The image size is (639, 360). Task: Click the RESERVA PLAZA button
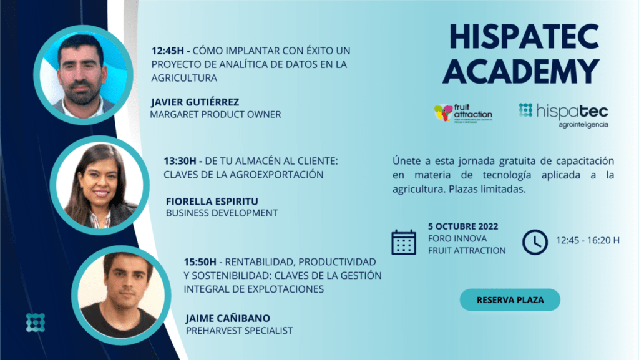click(x=510, y=300)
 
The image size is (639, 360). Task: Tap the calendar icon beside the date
click(x=403, y=241)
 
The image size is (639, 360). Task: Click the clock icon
click(x=534, y=241)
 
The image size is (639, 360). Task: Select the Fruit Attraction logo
click(x=463, y=114)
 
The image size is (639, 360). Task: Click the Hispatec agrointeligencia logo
click(x=563, y=115)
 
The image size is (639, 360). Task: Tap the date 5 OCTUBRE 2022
click(x=463, y=226)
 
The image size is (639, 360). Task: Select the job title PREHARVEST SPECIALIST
click(x=239, y=331)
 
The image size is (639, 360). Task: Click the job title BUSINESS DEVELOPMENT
click(x=222, y=213)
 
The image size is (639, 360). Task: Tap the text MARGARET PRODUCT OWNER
click(x=215, y=114)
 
